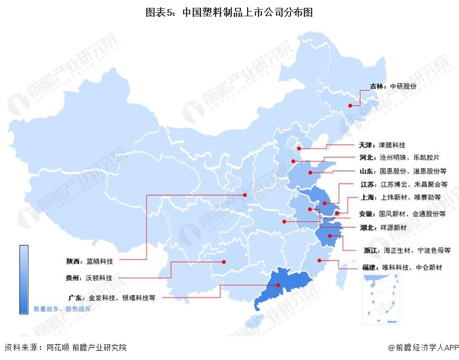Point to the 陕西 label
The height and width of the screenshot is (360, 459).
(75, 261)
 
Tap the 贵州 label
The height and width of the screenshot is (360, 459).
(75, 278)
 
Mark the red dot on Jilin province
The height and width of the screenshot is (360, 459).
(350, 106)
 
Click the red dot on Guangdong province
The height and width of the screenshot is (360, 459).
(278, 286)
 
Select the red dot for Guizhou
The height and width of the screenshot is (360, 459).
(223, 262)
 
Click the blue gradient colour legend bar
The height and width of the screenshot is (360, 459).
(24, 278)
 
